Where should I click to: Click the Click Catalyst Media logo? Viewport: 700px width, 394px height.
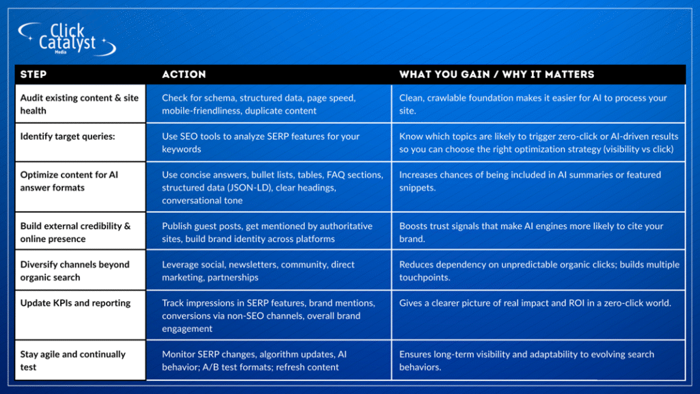click(67, 39)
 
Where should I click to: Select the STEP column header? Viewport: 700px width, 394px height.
click(33, 75)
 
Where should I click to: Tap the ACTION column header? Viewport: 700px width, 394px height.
click(184, 75)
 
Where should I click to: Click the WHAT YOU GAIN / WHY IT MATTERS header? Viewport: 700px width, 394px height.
click(496, 75)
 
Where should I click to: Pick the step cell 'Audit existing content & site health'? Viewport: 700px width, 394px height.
click(81, 104)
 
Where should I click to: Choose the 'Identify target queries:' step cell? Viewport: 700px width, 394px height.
click(81, 142)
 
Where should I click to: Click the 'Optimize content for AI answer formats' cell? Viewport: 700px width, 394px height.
click(81, 187)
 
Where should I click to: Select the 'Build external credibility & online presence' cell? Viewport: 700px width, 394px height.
click(81, 231)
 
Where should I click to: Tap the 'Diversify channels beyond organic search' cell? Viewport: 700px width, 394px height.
click(81, 270)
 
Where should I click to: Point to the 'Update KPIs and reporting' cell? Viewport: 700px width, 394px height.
click(81, 315)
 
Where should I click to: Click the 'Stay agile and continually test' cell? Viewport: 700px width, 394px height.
click(81, 360)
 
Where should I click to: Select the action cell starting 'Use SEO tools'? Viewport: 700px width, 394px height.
click(269, 142)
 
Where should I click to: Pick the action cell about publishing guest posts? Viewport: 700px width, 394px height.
click(269, 231)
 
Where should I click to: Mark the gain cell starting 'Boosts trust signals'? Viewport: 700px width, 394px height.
click(539, 231)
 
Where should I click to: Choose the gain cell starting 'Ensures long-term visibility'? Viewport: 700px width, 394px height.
click(539, 360)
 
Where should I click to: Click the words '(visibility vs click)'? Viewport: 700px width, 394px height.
click(638, 149)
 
